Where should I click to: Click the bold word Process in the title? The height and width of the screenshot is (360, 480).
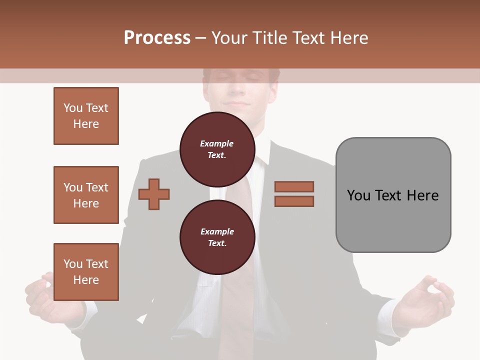[x=157, y=38]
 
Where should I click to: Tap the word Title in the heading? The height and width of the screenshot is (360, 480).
[x=268, y=38]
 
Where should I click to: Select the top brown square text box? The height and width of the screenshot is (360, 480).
[x=86, y=116]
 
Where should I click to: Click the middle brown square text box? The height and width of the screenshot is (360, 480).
[x=86, y=195]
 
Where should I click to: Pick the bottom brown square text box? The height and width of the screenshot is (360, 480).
[x=86, y=272]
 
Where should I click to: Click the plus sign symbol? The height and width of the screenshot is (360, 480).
[x=154, y=193]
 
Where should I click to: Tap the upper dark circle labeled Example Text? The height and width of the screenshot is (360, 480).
[x=217, y=149]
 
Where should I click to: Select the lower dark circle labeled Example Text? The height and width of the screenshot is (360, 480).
[x=217, y=237]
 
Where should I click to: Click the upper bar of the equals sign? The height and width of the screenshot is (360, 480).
[x=294, y=186]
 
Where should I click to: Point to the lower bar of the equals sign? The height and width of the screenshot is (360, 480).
[x=294, y=201]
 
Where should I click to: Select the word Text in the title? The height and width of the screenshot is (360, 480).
[x=310, y=38]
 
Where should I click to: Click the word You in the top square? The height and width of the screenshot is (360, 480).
[x=73, y=108]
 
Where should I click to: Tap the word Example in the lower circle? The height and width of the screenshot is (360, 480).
[x=217, y=231]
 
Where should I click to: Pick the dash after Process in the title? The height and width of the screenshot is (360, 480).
[x=200, y=38]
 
